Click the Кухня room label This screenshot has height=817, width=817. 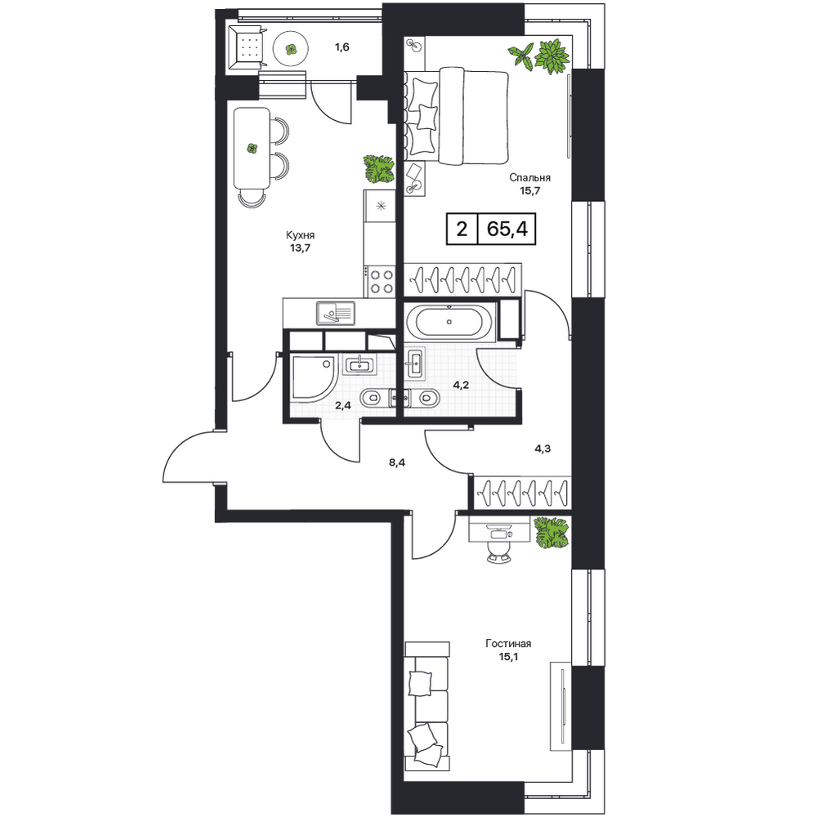pyautogui.click(x=300, y=235)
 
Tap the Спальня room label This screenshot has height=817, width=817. pyautogui.click(x=529, y=177)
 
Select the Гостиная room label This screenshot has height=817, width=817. pyautogui.click(x=508, y=644)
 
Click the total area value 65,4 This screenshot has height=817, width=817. pyautogui.click(x=507, y=228)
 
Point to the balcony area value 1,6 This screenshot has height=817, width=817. pyautogui.click(x=342, y=47)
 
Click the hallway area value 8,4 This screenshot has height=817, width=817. pyautogui.click(x=397, y=462)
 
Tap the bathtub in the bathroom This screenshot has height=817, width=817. pyautogui.click(x=450, y=321)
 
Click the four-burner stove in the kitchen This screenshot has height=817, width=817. pyautogui.click(x=380, y=281)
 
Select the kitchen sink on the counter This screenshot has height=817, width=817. pyautogui.click(x=336, y=313)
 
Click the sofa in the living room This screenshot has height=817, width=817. pyautogui.click(x=426, y=706)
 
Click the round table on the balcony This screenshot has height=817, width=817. pyautogui.click(x=292, y=49)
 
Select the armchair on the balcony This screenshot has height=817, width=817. pyautogui.click(x=245, y=48)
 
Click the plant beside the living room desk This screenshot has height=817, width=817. pyautogui.click(x=551, y=532)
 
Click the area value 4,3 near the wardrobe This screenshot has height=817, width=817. pyautogui.click(x=542, y=448)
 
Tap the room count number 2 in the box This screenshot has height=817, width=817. pyautogui.click(x=462, y=228)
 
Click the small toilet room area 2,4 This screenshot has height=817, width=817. pyautogui.click(x=342, y=405)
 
